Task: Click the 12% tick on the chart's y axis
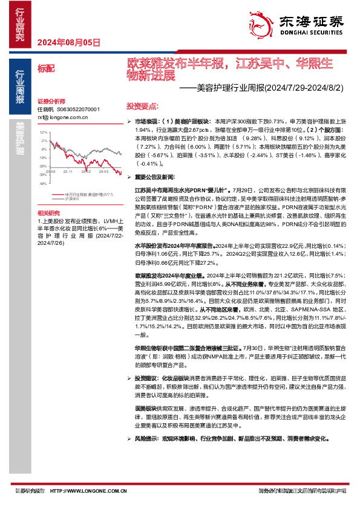click(x=44, y=131)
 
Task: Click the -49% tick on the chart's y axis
click(x=43, y=183)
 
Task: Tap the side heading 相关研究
click(x=49, y=213)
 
